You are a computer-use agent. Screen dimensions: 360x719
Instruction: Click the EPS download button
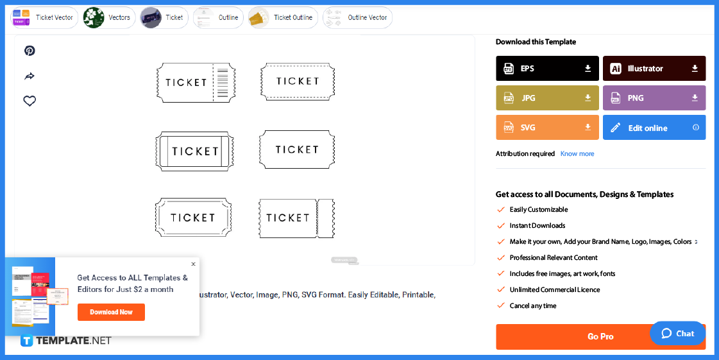tap(547, 69)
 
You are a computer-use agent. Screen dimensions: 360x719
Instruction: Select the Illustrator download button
tap(654, 69)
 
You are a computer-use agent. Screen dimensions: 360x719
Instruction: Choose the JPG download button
tap(547, 98)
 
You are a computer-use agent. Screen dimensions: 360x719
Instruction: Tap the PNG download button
tap(654, 98)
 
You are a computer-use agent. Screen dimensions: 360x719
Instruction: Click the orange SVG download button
tap(547, 128)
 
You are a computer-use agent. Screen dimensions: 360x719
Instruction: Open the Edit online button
tap(654, 128)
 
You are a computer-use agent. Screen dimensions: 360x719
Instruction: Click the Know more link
tap(577, 154)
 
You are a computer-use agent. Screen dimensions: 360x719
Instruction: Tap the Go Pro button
tap(600, 337)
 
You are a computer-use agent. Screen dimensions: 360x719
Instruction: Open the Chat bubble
tap(677, 334)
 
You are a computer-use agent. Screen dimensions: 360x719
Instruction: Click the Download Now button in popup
tap(111, 313)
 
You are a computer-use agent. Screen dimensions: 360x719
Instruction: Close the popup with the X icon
tap(193, 264)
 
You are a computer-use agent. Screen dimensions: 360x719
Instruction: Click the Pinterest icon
tap(30, 51)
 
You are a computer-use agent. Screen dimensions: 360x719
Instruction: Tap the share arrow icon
tap(30, 76)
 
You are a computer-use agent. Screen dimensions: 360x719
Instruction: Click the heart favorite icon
tap(30, 101)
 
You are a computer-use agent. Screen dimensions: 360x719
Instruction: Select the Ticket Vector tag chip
tap(44, 17)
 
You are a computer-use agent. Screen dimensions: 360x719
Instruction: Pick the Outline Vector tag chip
tap(357, 17)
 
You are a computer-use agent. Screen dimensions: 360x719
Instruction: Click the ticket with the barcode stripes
tap(196, 83)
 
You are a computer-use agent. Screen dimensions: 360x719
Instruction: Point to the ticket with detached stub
tap(296, 218)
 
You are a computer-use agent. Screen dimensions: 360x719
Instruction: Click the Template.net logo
tap(66, 341)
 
